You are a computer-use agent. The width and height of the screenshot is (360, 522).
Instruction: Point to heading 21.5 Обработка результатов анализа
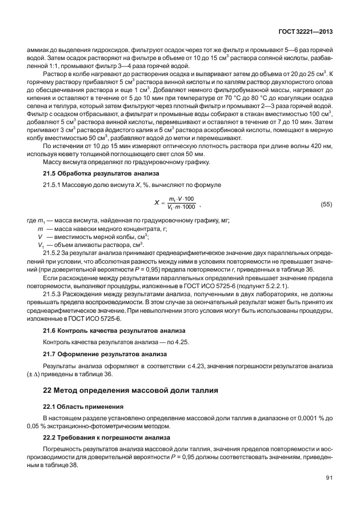pyautogui.click(x=91, y=173)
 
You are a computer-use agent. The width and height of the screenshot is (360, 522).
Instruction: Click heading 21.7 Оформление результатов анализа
pyautogui.click(x=97, y=354)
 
